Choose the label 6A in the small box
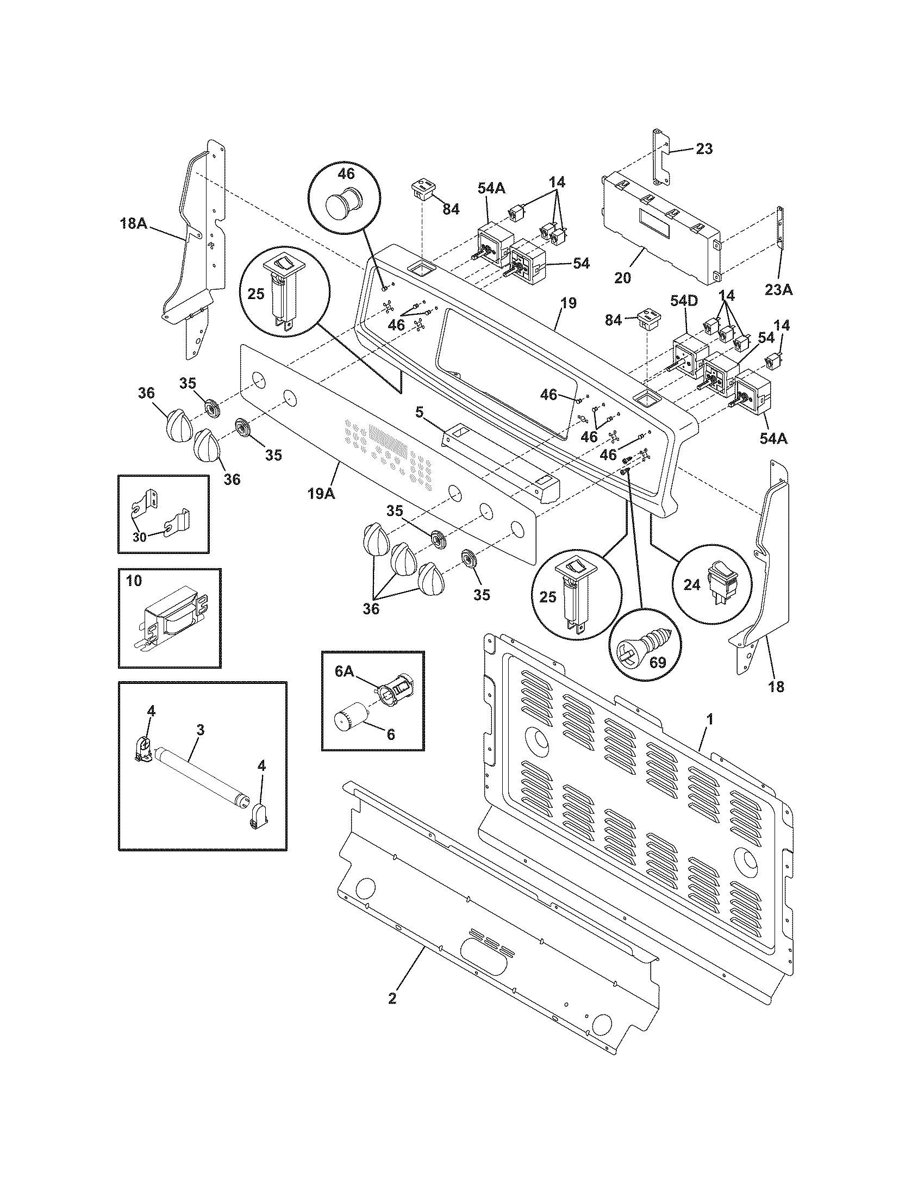tap(345, 672)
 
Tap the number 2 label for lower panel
tap(392, 998)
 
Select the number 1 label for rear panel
tap(709, 720)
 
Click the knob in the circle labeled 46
tap(342, 205)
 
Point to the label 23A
tap(779, 290)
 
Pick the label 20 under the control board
tap(623, 278)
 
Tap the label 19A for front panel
tap(321, 493)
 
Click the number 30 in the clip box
tap(139, 537)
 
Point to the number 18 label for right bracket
tap(776, 687)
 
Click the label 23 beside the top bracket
tap(704, 148)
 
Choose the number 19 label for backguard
tap(569, 303)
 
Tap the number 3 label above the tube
tap(201, 730)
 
